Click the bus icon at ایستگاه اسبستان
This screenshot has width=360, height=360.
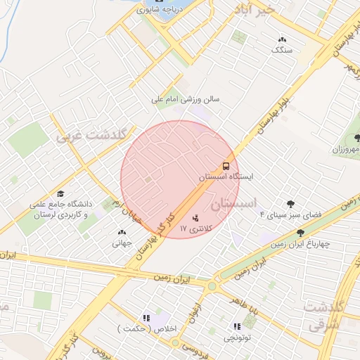tap(226, 166)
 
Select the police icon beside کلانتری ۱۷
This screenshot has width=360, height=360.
tap(195, 217)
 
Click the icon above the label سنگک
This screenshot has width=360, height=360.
tap(282, 40)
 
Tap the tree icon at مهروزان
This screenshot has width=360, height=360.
tap(356, 139)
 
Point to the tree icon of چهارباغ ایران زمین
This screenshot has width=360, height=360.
tap(300, 233)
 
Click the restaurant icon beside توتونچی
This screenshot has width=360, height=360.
tap(237, 326)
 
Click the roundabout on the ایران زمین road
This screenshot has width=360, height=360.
tap(212, 285)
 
